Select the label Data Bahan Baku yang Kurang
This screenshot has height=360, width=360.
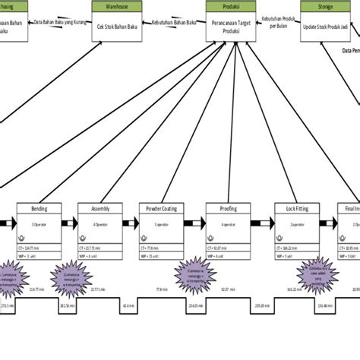62,23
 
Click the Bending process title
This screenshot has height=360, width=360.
41,208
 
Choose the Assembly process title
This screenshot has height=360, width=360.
100,208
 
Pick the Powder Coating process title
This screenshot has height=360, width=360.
159,208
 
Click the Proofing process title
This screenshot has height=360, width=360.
227,208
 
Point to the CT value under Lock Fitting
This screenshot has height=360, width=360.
290,247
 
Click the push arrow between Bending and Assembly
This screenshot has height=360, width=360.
71,223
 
